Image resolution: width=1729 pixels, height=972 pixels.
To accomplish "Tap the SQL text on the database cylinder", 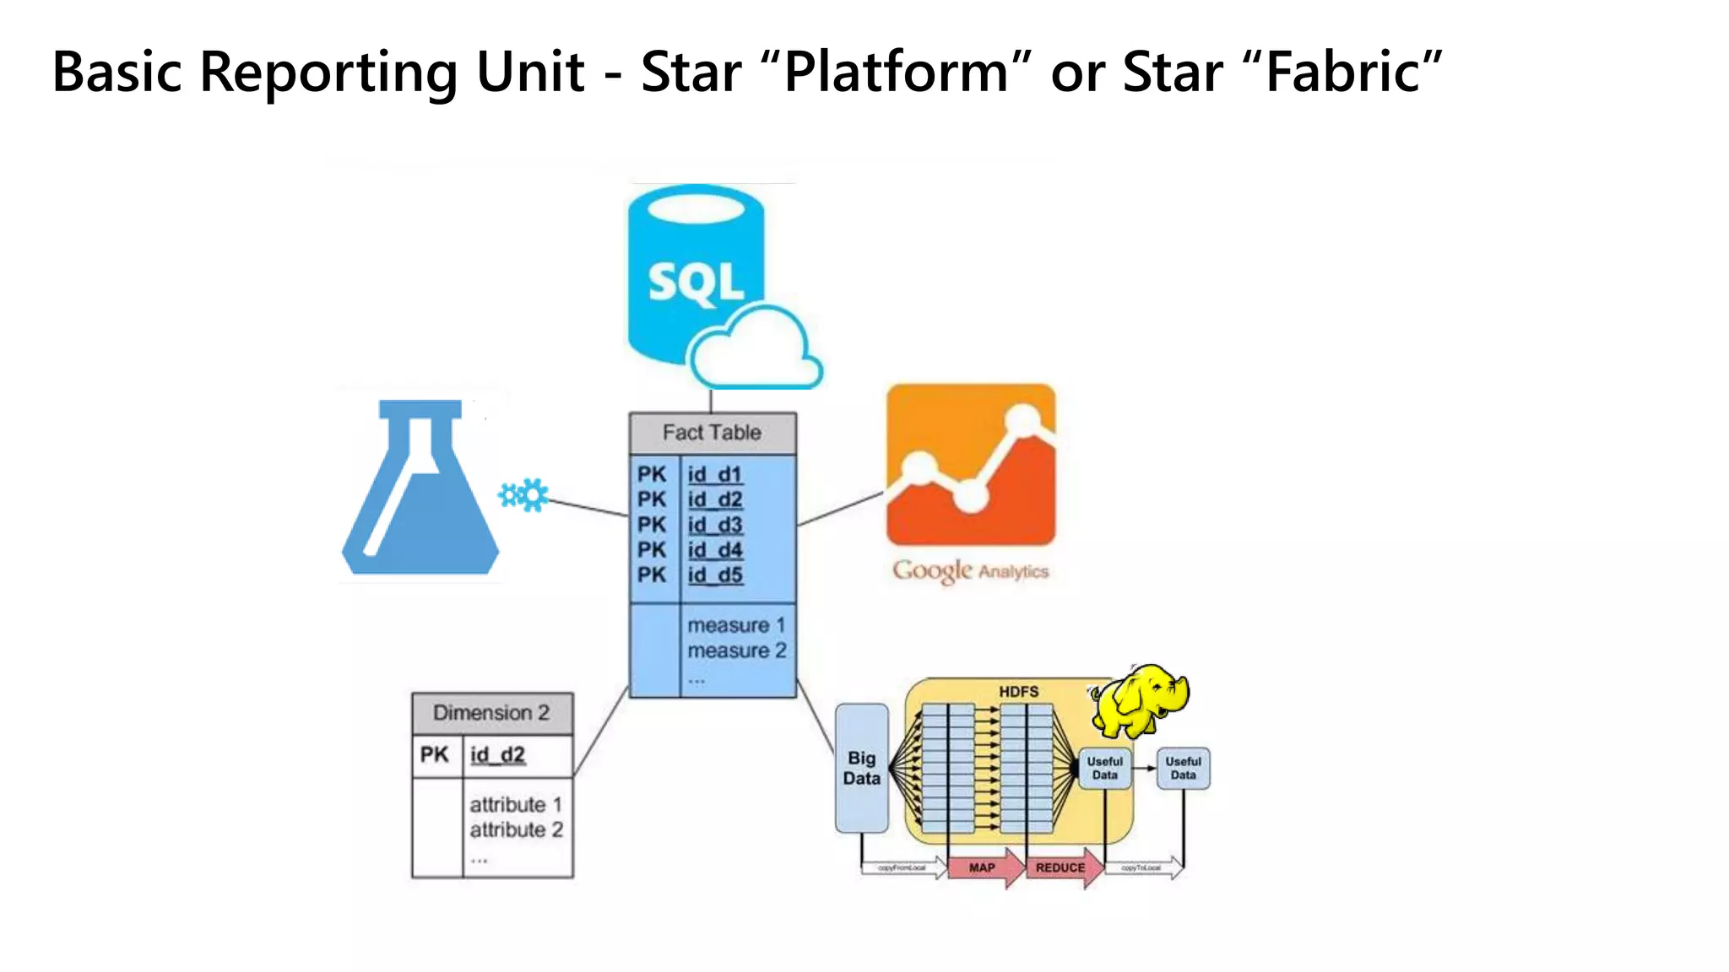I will coord(696,283).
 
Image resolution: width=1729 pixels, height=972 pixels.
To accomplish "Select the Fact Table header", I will coord(712,433).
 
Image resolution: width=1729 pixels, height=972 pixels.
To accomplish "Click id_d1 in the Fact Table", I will coord(714,475).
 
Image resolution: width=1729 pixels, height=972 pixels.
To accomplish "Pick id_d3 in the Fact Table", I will coord(714,525).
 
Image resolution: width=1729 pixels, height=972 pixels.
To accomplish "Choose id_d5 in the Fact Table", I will coord(714,575).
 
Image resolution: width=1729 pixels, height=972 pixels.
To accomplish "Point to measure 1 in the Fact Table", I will coord(735,626).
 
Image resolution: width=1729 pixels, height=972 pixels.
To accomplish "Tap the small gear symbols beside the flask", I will coord(523,494).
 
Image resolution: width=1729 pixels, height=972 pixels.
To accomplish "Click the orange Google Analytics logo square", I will coord(970,465).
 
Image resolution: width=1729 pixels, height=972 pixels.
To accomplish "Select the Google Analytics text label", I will coord(970,571).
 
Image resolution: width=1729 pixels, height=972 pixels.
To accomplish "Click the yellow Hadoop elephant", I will coord(1140,699).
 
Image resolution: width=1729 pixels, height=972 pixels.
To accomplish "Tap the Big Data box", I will coord(861,768).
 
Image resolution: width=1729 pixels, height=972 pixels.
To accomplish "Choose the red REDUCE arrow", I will coord(1062,868).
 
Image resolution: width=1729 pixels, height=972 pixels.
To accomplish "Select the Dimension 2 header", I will coord(491,713).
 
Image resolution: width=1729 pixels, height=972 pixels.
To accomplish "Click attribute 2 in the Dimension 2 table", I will coord(516,830).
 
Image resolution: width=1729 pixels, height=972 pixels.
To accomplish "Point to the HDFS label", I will coord(1018,692).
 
